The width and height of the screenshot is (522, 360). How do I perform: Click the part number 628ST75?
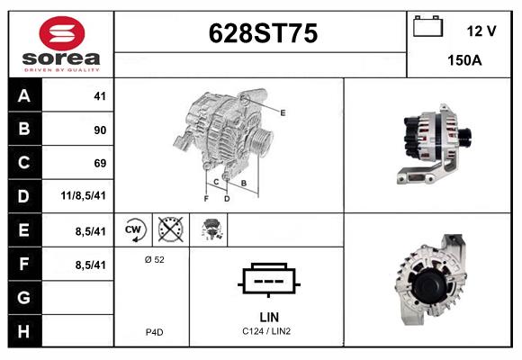point(263,33)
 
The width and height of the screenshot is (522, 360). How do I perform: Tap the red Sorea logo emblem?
point(62,33)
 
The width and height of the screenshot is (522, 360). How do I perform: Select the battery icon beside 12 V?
point(427,26)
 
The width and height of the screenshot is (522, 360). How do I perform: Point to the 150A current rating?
point(464,60)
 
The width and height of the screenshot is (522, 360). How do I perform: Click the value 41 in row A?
point(100,96)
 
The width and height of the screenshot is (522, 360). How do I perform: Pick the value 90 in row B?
point(100,130)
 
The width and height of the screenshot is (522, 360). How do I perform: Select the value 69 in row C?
point(100,163)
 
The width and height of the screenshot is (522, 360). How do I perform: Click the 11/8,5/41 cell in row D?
point(83,195)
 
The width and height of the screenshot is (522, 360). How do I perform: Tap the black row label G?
point(24,297)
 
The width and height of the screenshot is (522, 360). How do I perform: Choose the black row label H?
point(24,331)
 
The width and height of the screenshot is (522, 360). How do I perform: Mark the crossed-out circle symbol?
point(170,229)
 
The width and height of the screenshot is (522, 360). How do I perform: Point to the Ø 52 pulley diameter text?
point(155,259)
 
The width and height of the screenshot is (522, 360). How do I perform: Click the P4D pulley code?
point(155,332)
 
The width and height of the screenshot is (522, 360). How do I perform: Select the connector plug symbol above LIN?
point(269,280)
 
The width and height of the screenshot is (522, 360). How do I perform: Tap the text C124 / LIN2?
point(266,331)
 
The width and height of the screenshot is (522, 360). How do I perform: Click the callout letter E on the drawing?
point(283,112)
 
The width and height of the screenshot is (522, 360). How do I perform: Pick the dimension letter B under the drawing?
point(244,183)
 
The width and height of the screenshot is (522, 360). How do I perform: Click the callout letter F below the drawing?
point(206,199)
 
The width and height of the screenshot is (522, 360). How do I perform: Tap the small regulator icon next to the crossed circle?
point(211,229)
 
